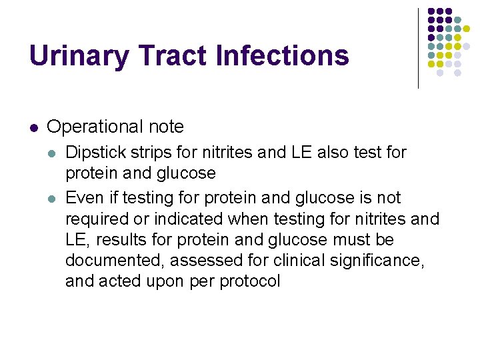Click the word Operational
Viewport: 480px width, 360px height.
click(x=95, y=127)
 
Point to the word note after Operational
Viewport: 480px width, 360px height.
click(x=166, y=127)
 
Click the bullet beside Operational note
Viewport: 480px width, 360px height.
click(x=33, y=127)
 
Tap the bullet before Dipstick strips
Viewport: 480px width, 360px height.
click(x=53, y=153)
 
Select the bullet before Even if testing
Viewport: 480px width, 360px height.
click(x=53, y=198)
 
